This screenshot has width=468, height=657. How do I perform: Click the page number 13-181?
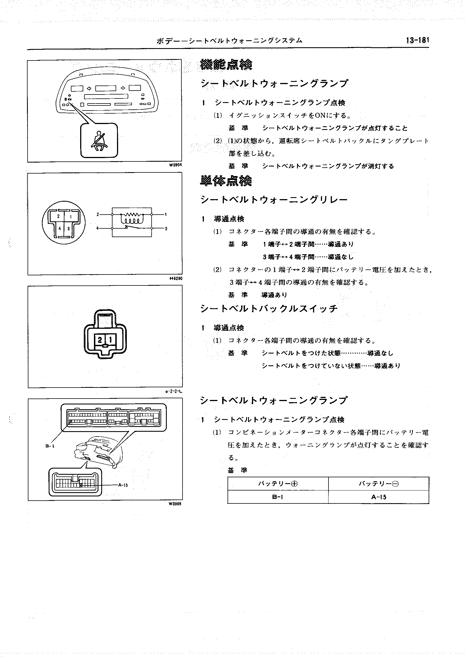coord(417,40)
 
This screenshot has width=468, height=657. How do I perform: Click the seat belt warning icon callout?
coord(99,140)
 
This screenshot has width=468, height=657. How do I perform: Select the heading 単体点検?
coord(226,181)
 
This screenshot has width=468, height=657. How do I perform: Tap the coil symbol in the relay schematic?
coord(131,221)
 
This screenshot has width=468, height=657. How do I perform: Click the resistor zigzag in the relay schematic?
coord(131,215)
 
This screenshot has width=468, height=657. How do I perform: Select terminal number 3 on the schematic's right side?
coord(166,229)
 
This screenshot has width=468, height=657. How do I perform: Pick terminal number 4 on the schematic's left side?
coord(97,228)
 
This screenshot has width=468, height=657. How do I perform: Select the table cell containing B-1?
coord(278,497)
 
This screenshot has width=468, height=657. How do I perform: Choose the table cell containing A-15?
coord(379,497)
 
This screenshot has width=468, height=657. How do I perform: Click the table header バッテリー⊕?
coord(278,484)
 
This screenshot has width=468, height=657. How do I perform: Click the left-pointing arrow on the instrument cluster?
coord(89,88)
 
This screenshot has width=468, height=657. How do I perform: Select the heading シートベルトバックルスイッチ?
coord(269,309)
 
